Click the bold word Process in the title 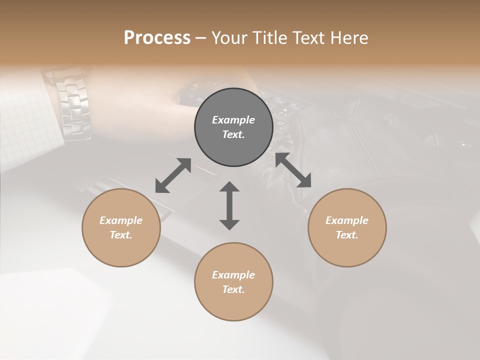[157, 38]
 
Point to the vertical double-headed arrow [229, 205]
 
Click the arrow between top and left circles [173, 175]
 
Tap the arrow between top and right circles [293, 170]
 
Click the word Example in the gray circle [233, 120]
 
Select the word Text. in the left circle [121, 235]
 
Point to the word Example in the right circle [347, 220]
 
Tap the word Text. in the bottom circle [233, 289]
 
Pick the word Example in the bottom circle [233, 275]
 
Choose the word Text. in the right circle [347, 235]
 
